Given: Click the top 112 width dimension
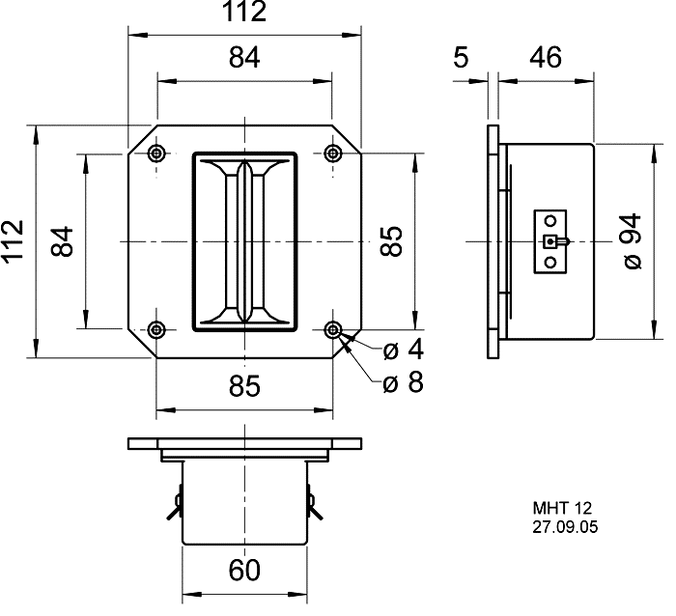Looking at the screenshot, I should pyautogui.click(x=243, y=14).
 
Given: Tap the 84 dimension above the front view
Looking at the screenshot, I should pyautogui.click(x=244, y=58).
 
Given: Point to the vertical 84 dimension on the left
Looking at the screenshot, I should pyautogui.click(x=62, y=240).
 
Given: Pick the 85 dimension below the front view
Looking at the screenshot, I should pyautogui.click(x=244, y=386).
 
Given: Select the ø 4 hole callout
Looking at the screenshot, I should pyautogui.click(x=403, y=349).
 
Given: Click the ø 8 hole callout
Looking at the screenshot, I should pyautogui.click(x=403, y=383).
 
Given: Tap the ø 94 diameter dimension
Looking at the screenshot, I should pyautogui.click(x=632, y=240).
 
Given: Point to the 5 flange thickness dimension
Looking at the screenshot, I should pyautogui.click(x=461, y=58).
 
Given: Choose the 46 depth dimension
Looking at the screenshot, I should pyautogui.click(x=546, y=58).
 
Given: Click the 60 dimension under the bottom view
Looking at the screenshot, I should pyautogui.click(x=244, y=570).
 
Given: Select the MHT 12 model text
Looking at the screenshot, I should pyautogui.click(x=561, y=509).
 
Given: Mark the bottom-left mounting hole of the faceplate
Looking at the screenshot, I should pyautogui.click(x=156, y=329).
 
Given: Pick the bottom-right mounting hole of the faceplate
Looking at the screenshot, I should pyautogui.click(x=333, y=329).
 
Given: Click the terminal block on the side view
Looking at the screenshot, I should pyautogui.click(x=550, y=240).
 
